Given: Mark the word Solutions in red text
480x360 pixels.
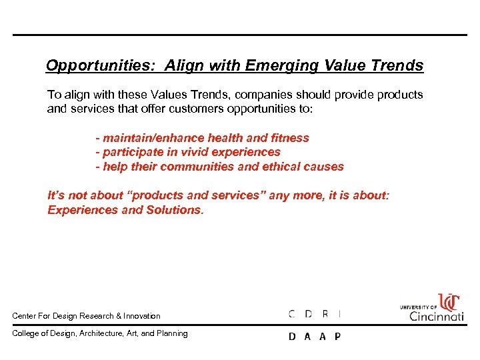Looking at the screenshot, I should (175, 210).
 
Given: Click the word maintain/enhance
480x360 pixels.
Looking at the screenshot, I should (153, 138).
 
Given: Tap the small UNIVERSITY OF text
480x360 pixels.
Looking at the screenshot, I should (418, 307).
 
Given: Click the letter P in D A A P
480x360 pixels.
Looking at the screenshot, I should (337, 337).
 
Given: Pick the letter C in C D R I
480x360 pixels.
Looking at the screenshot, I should (292, 314).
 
